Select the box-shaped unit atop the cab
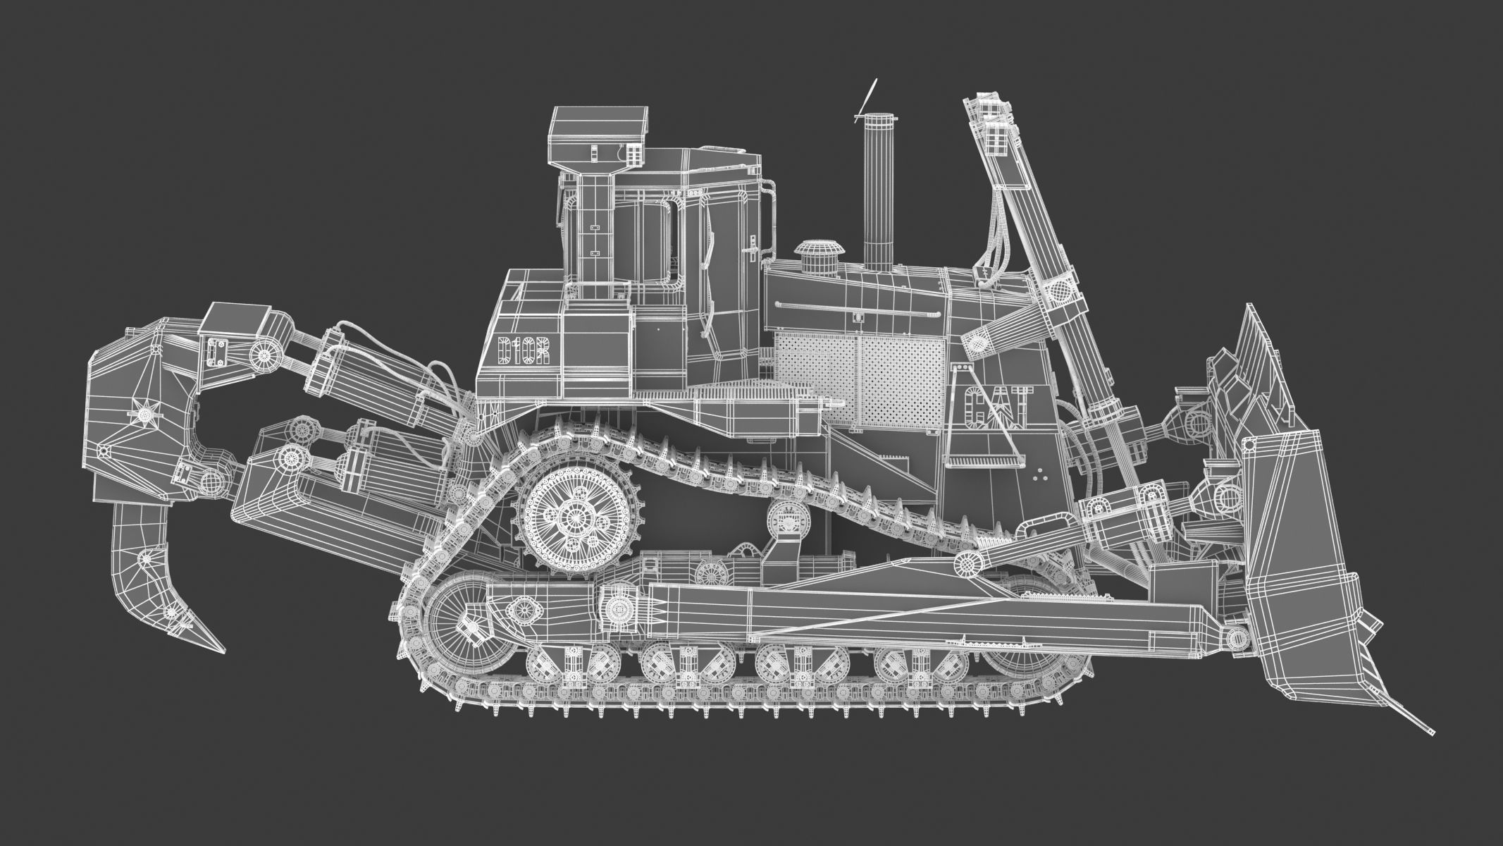(598, 134)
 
